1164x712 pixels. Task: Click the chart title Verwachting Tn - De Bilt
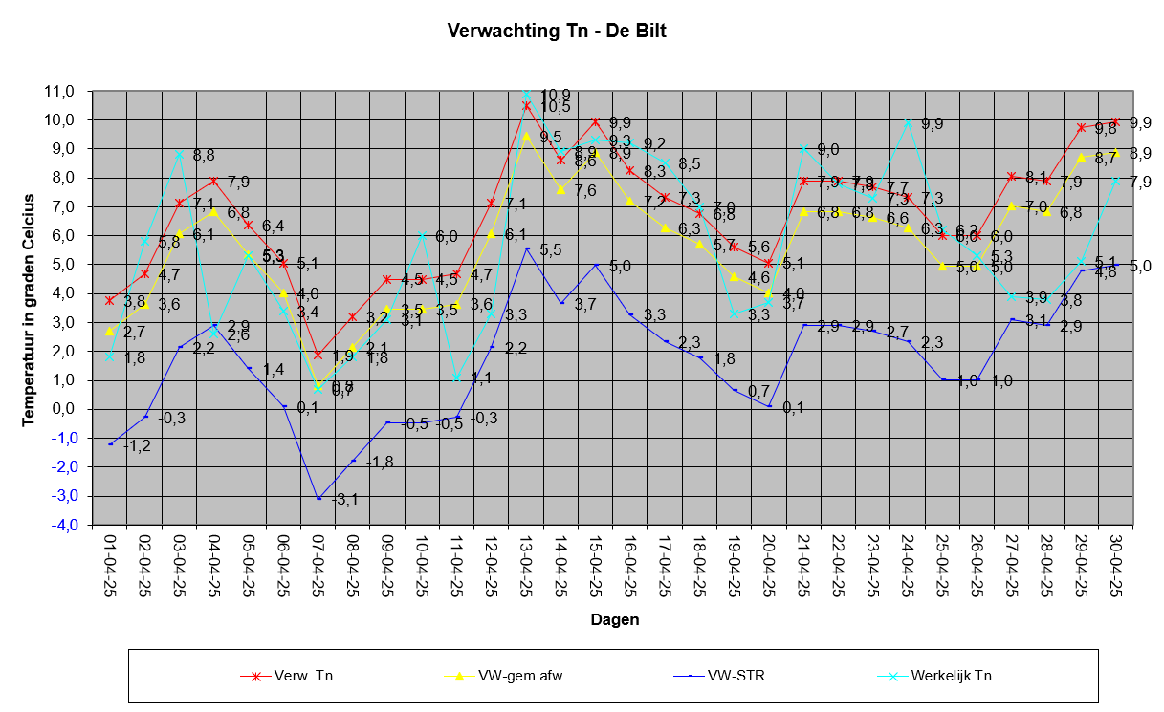[x=557, y=31]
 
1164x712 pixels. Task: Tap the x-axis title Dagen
[x=614, y=620]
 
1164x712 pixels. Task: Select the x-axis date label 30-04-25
[x=1115, y=567]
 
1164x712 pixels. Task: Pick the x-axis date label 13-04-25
[x=526, y=567]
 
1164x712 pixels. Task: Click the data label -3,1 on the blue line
[x=344, y=499]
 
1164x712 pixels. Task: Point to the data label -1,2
[x=138, y=446]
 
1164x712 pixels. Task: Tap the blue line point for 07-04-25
[x=318, y=499]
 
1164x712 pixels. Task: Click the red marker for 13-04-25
[x=526, y=105]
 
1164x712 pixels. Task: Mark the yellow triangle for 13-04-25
[x=526, y=136]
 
